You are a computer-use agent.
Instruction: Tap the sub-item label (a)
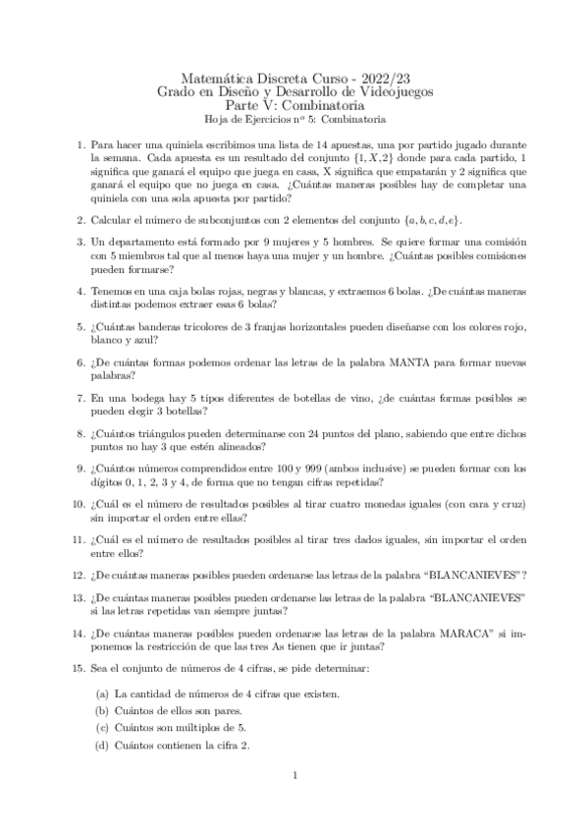click(x=101, y=694)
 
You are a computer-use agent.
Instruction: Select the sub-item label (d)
click(x=101, y=745)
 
